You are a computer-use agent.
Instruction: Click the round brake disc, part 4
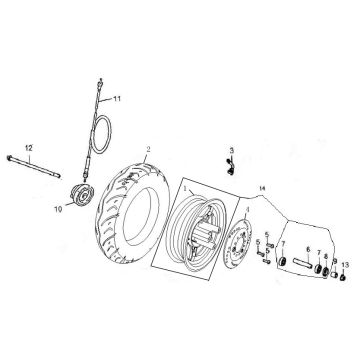237,247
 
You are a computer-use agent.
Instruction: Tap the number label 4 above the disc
247,209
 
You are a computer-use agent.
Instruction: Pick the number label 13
345,263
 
